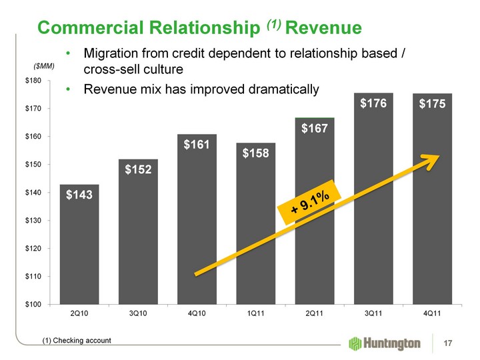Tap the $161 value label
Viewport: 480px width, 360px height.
pyautogui.click(x=197, y=143)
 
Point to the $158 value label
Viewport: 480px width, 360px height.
pyautogui.click(x=257, y=155)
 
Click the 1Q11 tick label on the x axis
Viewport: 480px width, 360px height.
pyautogui.click(x=256, y=312)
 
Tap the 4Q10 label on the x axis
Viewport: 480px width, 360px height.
pyautogui.click(x=197, y=312)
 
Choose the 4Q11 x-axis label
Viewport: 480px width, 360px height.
pyautogui.click(x=433, y=312)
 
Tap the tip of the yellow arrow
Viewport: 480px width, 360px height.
pyautogui.click(x=440, y=156)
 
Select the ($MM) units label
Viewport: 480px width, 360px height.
pyautogui.click(x=43, y=67)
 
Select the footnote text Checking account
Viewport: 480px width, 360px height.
pyautogui.click(x=82, y=341)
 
